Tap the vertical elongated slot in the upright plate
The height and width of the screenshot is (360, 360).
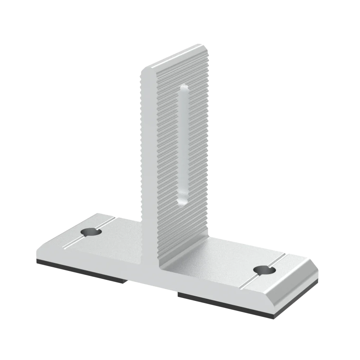point(183,144)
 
